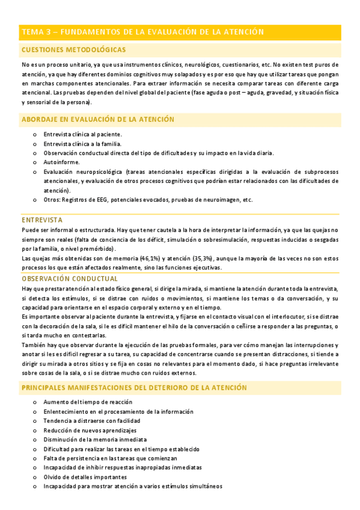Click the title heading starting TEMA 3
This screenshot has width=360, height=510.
point(142,32)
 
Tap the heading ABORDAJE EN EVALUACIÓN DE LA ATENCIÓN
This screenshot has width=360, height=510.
point(98,120)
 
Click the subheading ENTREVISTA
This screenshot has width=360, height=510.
point(42,220)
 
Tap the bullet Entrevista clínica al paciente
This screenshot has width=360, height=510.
point(83,134)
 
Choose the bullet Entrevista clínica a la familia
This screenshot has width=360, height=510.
point(82,143)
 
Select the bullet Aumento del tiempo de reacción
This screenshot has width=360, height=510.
point(88,402)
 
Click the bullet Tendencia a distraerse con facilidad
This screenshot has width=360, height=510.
point(91,420)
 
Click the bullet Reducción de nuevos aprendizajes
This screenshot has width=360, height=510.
point(90,430)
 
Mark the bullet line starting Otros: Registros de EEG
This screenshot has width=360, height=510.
point(148,200)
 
